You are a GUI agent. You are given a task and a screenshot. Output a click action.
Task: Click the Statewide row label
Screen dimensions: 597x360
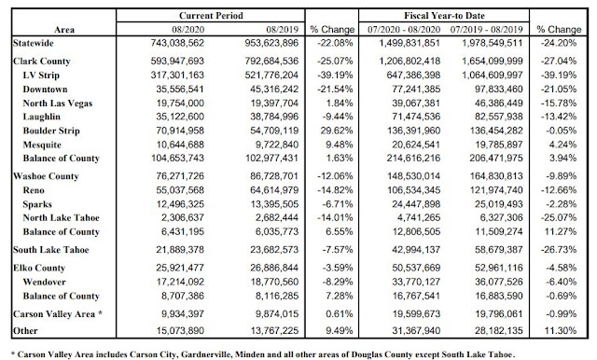pyautogui.click(x=34, y=43)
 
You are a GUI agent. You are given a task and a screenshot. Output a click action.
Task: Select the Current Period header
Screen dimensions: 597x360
pyautogui.click(x=211, y=16)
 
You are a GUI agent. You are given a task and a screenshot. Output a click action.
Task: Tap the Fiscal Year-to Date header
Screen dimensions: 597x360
pyautogui.click(x=444, y=16)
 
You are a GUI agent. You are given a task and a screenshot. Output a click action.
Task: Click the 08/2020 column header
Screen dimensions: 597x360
pyautogui.click(x=187, y=30)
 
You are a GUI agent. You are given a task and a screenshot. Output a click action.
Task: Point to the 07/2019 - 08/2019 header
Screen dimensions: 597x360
pyautogui.click(x=486, y=30)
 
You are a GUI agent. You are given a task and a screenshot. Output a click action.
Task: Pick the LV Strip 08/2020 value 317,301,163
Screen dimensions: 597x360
pyautogui.click(x=177, y=75)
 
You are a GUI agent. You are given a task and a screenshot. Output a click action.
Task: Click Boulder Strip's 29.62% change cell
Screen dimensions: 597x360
pyautogui.click(x=337, y=131)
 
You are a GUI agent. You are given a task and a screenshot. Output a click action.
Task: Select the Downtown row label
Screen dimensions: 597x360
pyautogui.click(x=45, y=90)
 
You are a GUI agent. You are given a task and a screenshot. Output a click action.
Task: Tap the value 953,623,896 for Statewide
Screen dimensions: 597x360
pyautogui.click(x=271, y=43)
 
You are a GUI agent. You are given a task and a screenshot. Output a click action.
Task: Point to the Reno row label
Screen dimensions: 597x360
pyautogui.click(x=34, y=190)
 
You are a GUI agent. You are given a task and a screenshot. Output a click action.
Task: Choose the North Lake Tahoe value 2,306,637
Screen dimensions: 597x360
pyautogui.click(x=183, y=217)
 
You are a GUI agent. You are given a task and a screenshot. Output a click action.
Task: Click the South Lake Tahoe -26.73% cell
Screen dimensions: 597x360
pyautogui.click(x=559, y=250)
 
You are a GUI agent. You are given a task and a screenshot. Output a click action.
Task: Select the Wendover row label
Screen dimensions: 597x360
pyautogui.click(x=44, y=282)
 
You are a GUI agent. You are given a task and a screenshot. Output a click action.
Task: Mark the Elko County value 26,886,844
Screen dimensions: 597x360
pyautogui.click(x=274, y=268)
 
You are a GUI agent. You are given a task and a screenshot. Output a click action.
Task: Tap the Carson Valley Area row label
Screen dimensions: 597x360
pyautogui.click(x=58, y=314)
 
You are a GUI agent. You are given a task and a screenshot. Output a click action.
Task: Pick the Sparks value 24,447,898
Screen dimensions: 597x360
pyautogui.click(x=416, y=204)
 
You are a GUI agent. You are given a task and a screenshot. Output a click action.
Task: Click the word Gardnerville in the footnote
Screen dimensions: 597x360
pyautogui.click(x=206, y=354)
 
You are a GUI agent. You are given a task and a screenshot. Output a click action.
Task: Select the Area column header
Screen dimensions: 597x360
pyautogui.click(x=64, y=30)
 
